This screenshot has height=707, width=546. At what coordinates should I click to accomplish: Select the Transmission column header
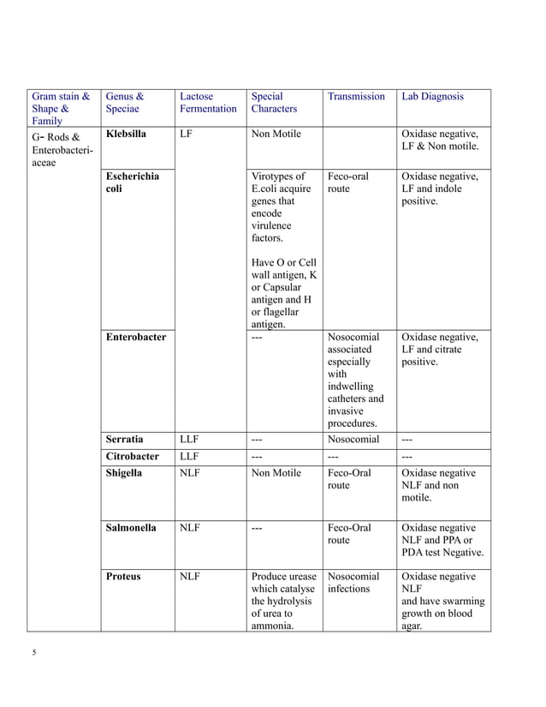[x=356, y=97]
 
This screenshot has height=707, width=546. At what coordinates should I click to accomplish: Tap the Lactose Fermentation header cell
[x=208, y=103]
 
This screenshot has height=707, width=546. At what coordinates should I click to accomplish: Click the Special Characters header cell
[x=267, y=103]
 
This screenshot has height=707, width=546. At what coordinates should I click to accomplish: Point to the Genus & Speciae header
[x=125, y=103]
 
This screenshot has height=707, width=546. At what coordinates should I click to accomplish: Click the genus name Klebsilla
[x=126, y=135]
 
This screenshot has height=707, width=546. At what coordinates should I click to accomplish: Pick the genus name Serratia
[x=124, y=440]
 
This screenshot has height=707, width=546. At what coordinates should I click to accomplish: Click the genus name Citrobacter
[x=132, y=456]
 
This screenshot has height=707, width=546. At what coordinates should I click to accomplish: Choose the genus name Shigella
[x=124, y=472]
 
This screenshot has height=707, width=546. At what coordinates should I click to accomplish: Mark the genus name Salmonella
[x=130, y=528]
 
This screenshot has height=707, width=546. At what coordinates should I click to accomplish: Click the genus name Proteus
[x=122, y=577]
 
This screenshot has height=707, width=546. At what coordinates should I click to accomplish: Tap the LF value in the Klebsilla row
[x=187, y=135]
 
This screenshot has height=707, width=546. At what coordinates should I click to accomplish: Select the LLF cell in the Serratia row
[x=190, y=440]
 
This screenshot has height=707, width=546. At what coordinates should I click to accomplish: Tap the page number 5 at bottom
[x=34, y=653]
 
